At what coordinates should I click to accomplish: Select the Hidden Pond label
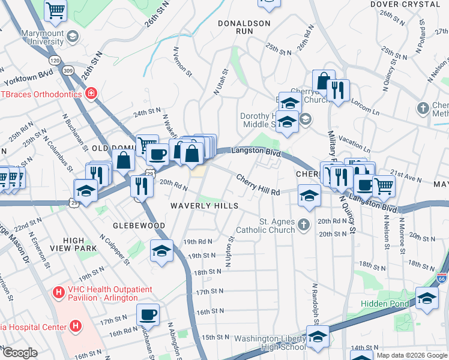point(384,304)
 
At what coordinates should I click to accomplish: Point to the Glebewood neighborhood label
point(131,225)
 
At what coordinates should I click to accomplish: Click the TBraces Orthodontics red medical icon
point(91,94)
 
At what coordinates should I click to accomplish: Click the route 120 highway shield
point(55,61)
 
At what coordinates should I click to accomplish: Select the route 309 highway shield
point(69,71)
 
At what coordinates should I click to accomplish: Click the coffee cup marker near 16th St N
point(148,313)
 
